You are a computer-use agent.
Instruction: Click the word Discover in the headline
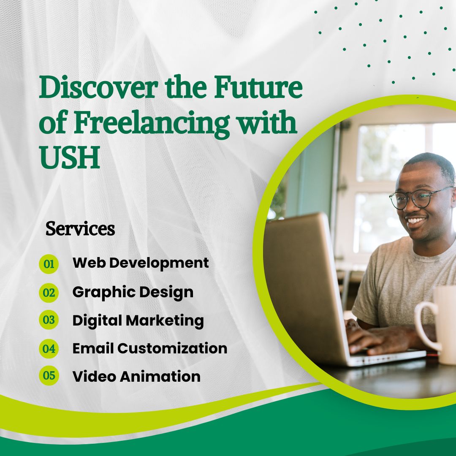click(x=99, y=87)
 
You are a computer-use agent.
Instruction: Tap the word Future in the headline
click(x=258, y=87)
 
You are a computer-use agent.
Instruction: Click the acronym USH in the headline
click(x=70, y=157)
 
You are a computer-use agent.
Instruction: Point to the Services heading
click(x=80, y=228)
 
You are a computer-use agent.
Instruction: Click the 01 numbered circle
click(x=49, y=264)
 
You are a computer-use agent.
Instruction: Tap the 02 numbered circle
click(x=49, y=293)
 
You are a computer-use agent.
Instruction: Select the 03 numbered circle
click(x=49, y=320)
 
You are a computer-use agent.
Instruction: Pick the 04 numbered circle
click(x=49, y=349)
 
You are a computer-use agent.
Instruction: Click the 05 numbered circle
click(x=49, y=375)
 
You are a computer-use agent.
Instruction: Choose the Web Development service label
click(x=141, y=263)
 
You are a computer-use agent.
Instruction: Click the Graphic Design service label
click(x=133, y=292)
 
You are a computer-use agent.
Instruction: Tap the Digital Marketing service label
click(x=138, y=320)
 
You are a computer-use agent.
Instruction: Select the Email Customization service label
click(x=150, y=348)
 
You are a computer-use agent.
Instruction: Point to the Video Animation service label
click(x=136, y=376)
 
